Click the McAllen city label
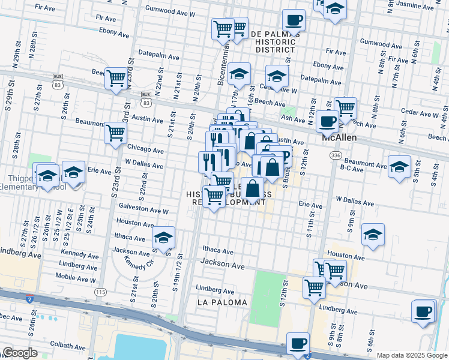pyautogui.click(x=340, y=137)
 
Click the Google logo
pyautogui.click(x=20, y=353)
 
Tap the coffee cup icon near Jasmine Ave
pyautogui.click(x=294, y=20)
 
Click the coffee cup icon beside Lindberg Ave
pyautogui.click(x=423, y=311)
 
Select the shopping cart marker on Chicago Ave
pyautogui.click(x=115, y=133)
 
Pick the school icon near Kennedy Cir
pyautogui.click(x=163, y=237)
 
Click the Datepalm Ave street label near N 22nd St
pyautogui.click(x=158, y=57)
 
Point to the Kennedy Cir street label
pyautogui.click(x=135, y=262)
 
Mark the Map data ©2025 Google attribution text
pyautogui.click(x=412, y=355)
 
